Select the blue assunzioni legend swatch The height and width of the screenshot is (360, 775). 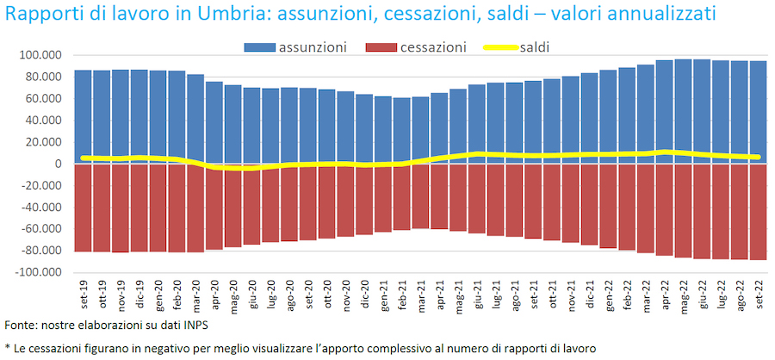(x=259, y=47)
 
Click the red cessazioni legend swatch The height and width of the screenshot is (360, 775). (x=384, y=47)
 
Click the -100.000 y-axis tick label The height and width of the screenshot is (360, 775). (x=35, y=273)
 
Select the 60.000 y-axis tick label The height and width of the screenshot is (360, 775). (x=40, y=99)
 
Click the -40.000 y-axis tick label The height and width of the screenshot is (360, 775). (x=38, y=208)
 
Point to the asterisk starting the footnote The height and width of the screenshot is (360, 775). (x=7, y=346)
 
